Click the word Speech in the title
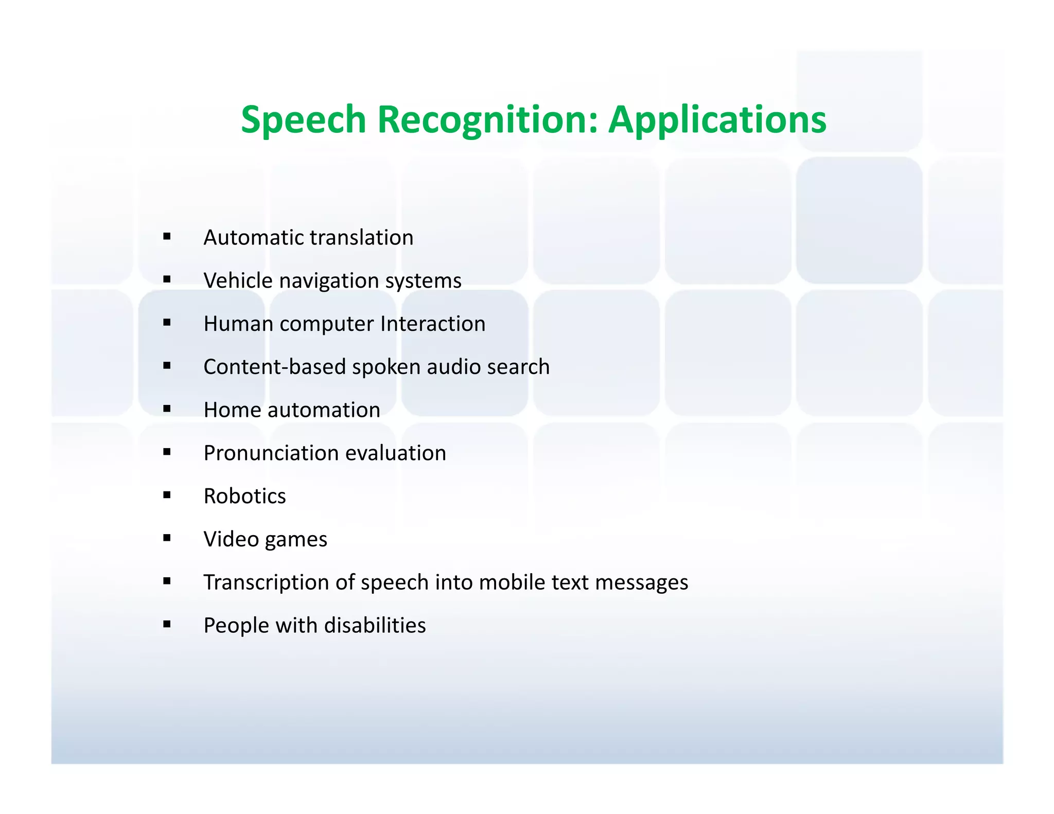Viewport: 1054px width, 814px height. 303,120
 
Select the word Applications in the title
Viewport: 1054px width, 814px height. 717,120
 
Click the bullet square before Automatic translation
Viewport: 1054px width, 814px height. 167,237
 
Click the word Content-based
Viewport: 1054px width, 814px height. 274,367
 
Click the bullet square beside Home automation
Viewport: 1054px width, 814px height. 167,409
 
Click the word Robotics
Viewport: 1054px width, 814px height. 244,497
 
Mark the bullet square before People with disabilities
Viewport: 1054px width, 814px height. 167,625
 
